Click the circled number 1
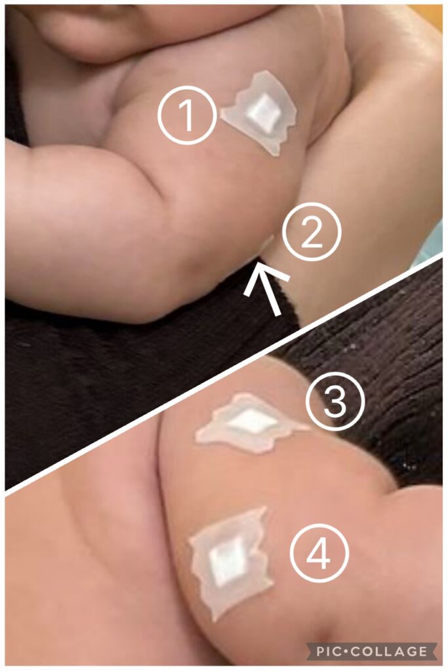[x=186, y=115]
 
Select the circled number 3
[x=335, y=402]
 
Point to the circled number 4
[x=320, y=553]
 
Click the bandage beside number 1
[x=261, y=112]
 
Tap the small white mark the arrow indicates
[x=266, y=242]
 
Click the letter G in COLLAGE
[x=409, y=651]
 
